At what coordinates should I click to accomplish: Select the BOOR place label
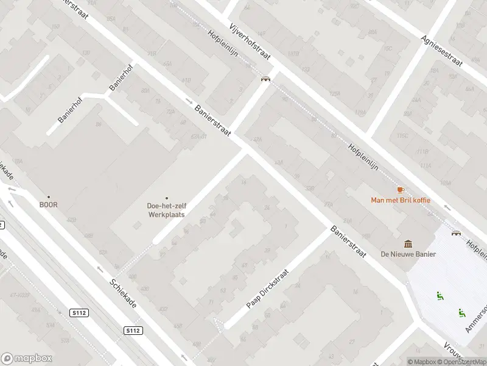[49, 205]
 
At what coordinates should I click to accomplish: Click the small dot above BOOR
[49, 197]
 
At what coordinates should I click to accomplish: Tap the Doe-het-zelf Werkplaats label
[166, 210]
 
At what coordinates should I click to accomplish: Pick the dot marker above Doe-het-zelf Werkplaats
[167, 198]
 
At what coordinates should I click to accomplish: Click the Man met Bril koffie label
[400, 199]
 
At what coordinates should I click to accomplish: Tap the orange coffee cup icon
[400, 190]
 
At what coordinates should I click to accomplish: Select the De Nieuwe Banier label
[408, 254]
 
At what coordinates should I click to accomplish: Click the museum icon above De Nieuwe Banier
[408, 244]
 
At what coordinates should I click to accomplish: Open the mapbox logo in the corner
[26, 359]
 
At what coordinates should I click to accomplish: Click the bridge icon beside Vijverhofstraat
[265, 79]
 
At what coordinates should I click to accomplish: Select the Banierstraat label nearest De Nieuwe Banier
[348, 242]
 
